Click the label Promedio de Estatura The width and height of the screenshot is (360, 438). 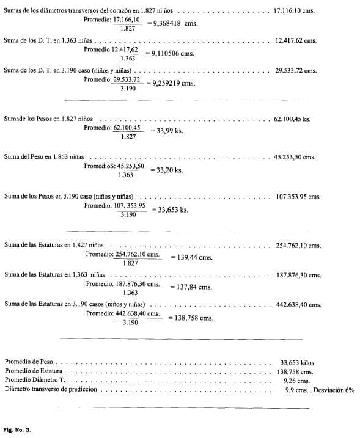(34, 371)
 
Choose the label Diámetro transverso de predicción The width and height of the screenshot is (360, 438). (51, 389)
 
